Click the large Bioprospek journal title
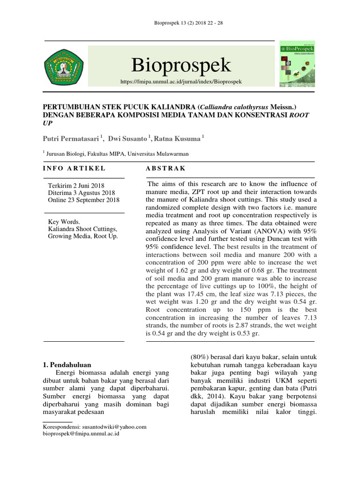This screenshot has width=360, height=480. tap(181, 65)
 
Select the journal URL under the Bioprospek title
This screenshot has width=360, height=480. tap(181, 82)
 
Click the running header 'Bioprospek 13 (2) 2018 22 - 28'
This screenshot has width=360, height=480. tap(180, 23)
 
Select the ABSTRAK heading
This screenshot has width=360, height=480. tap(165, 168)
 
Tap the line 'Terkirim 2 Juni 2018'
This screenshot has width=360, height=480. tap(76, 186)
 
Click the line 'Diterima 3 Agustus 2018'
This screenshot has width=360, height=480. tap(82, 193)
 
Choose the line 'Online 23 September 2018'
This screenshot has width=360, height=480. tap(84, 200)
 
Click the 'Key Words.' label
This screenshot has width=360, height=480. tap(65, 222)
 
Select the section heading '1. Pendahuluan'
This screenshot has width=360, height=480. tap(67, 365)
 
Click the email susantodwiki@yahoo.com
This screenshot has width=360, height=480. tap(114, 427)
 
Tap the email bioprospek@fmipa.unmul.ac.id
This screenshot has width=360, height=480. tap(81, 434)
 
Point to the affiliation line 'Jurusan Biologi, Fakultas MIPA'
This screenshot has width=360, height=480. tap(101, 153)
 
